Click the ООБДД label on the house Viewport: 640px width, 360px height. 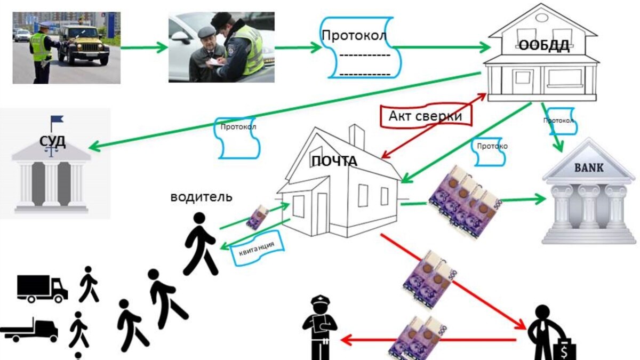tap(545, 46)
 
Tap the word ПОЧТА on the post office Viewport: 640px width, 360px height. tap(335, 161)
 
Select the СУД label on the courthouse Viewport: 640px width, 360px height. tap(52, 141)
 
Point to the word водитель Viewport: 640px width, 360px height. tap(201, 197)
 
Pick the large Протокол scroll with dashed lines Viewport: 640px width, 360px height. tap(359, 48)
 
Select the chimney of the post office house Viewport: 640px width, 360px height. tap(357, 137)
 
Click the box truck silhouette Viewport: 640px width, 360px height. tap(43, 288)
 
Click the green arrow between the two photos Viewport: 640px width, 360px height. tap(144, 48)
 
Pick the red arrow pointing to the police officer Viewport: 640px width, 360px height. tap(427, 339)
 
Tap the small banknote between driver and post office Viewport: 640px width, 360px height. tap(258, 217)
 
